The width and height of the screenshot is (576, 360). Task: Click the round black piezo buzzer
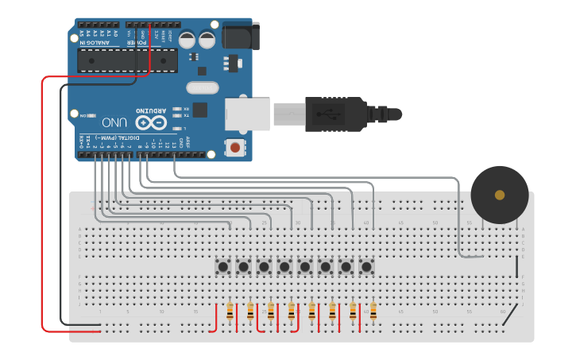point(499,195)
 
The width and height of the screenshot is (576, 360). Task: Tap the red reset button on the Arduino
point(235,148)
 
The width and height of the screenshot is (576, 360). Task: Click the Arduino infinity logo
point(151,122)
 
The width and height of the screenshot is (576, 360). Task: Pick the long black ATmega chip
point(127,60)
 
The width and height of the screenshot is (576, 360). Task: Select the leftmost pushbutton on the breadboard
point(223,266)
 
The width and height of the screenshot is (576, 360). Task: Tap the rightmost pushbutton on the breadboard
point(366,266)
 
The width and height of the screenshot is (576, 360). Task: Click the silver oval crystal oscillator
point(202,87)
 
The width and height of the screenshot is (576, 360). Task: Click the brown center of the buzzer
point(499,195)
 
